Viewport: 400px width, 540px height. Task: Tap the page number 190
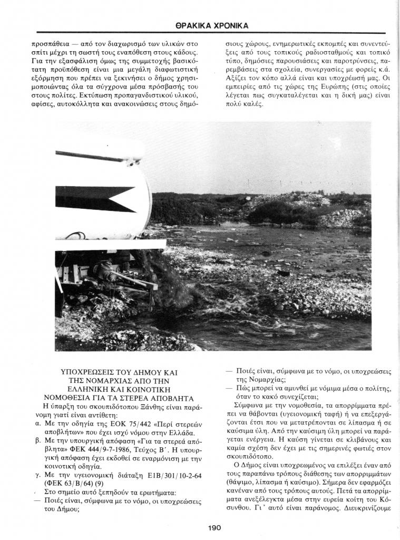[214, 527]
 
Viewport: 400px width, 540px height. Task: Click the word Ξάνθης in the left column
[141, 406]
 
